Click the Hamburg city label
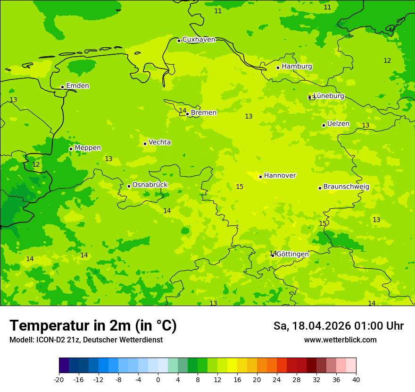[297, 67]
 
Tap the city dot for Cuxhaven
[179, 41]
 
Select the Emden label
[77, 86]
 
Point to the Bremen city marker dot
[187, 114]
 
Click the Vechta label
[159, 142]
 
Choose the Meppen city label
[88, 148]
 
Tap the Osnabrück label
[150, 185]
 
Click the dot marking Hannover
[260, 177]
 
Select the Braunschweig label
[346, 187]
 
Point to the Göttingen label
[292, 254]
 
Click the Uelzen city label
[338, 124]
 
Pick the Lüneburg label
[329, 96]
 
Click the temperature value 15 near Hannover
[240, 187]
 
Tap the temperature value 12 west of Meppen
[36, 165]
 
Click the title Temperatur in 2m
[93, 326]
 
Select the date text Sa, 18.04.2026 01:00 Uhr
[338, 326]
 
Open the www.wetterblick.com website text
[340, 340]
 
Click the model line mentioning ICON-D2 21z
[86, 340]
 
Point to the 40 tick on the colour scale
[356, 379]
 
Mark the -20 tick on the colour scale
[59, 379]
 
